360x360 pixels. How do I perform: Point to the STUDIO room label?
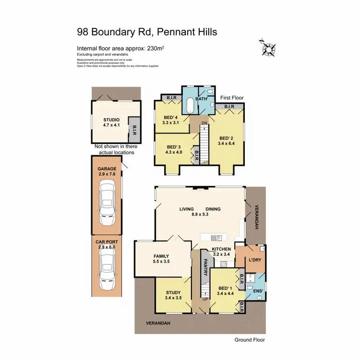(x=111, y=120)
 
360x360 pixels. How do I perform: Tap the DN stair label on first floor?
(x=204, y=123)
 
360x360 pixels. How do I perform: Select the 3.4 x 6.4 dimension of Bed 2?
(x=227, y=143)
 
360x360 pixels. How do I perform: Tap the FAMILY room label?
(x=161, y=256)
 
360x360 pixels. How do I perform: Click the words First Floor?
(x=232, y=97)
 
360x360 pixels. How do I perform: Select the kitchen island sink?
(x=218, y=237)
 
